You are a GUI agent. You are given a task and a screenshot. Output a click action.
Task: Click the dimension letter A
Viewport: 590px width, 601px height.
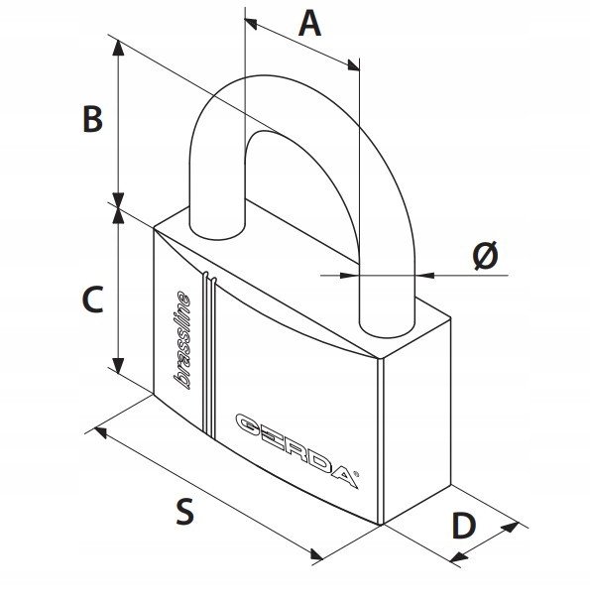pyautogui.click(x=309, y=24)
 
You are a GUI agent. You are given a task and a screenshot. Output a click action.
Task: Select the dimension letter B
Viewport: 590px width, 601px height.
pyautogui.click(x=93, y=119)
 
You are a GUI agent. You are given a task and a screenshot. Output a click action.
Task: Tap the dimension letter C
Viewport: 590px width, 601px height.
pyautogui.click(x=93, y=300)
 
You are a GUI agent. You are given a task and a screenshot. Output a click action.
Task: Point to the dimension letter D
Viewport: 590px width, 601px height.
pyautogui.click(x=464, y=525)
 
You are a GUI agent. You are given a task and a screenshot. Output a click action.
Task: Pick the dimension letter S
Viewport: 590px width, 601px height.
pyautogui.click(x=185, y=512)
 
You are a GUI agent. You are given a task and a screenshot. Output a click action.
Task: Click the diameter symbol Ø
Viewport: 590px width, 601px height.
pyautogui.click(x=486, y=255)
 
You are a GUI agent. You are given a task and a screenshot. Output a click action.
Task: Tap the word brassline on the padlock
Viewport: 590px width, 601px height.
pyautogui.click(x=182, y=340)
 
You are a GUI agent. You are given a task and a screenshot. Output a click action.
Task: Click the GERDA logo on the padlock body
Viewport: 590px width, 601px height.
pyautogui.click(x=297, y=451)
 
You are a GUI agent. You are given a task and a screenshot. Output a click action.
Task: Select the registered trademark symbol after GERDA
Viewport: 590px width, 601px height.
pyautogui.click(x=356, y=474)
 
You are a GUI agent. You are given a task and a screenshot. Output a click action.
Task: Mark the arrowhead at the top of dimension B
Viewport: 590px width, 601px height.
pyautogui.click(x=119, y=47)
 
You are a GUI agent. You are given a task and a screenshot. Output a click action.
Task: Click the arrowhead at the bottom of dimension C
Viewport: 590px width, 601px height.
pyautogui.click(x=119, y=365)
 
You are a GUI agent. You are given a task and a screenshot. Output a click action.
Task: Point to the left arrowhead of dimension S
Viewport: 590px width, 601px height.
pyautogui.click(x=100, y=432)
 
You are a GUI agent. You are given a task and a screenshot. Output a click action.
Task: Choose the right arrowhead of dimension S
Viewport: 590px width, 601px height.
pyautogui.click(x=316, y=554)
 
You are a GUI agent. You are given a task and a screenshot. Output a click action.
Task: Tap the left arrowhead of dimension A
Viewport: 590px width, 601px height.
pyautogui.click(x=251, y=24)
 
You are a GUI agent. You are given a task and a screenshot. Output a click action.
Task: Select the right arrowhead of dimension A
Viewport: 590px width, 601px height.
pyautogui.click(x=353, y=65)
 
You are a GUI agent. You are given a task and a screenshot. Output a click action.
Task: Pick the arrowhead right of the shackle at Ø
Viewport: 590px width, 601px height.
pyautogui.click(x=425, y=275)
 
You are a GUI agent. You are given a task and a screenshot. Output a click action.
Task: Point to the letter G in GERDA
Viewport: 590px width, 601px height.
pyautogui.click(x=249, y=424)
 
